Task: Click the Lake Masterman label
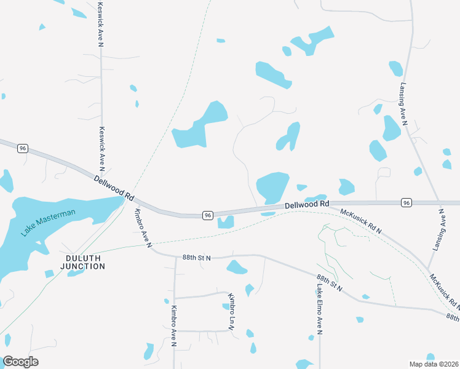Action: [x=48, y=223]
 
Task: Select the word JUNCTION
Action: [x=82, y=266]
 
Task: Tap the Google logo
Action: [x=20, y=361]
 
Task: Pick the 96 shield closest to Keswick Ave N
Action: [x=23, y=148]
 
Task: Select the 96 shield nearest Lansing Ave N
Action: [x=406, y=202]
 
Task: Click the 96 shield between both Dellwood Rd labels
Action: [x=208, y=215]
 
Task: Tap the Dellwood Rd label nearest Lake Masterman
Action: [x=114, y=188]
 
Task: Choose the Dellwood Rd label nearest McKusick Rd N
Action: [x=307, y=204]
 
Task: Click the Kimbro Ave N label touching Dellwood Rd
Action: [x=143, y=228]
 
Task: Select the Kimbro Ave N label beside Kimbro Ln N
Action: [x=174, y=327]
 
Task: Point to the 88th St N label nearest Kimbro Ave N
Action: [x=196, y=258]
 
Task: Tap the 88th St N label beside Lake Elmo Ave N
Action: [x=330, y=283]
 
